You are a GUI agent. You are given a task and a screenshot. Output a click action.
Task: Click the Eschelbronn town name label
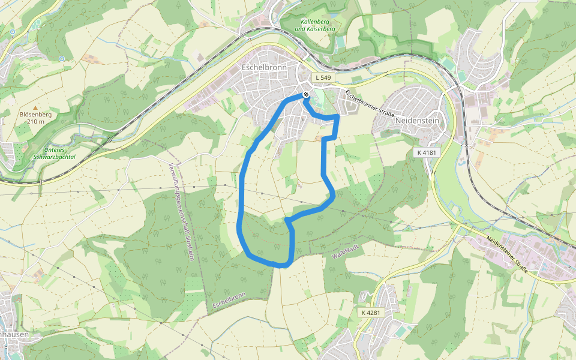[x=264, y=68]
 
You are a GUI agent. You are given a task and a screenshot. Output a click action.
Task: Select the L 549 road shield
[x=323, y=78]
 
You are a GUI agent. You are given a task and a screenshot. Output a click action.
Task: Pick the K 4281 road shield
[x=371, y=313]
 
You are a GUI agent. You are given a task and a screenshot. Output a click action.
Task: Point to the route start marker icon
[x=306, y=95]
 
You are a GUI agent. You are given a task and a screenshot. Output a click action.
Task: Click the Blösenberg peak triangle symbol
[x=35, y=107]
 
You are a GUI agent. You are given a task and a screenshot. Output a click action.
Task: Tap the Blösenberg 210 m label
[x=35, y=118]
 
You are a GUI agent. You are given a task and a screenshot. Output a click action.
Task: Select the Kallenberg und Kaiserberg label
[x=316, y=25]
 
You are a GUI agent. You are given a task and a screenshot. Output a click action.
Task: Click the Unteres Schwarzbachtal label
[x=59, y=154]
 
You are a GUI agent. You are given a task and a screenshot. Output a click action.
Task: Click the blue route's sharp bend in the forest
[x=287, y=221]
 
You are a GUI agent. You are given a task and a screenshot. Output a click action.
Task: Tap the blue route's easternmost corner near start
[x=338, y=118]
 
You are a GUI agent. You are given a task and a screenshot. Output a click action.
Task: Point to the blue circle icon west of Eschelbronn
[x=62, y=58]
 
